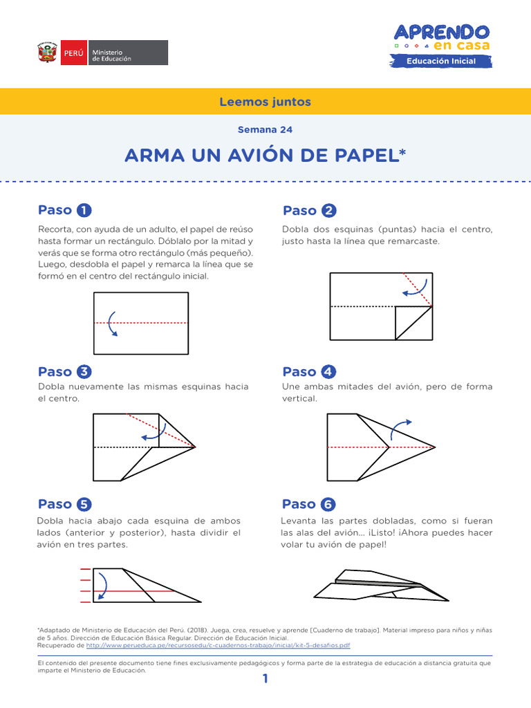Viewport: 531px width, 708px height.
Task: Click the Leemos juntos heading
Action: click(265, 102)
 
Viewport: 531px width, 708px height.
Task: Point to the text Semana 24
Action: click(265, 129)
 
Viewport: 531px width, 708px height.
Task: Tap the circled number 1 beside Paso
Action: click(84, 210)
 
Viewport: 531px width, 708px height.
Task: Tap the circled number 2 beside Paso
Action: click(329, 211)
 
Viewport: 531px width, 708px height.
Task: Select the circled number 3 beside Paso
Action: click(84, 372)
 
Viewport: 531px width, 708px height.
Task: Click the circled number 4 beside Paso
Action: click(328, 372)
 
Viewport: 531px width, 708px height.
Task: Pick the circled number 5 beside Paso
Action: click(84, 504)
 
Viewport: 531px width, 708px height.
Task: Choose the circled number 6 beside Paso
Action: click(328, 504)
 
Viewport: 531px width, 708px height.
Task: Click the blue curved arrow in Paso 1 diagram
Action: click(111, 324)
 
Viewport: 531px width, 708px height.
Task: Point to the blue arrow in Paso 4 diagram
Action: click(400, 429)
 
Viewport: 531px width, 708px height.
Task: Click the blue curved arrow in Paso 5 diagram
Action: click(102, 586)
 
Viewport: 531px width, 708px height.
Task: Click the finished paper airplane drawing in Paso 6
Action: click(380, 585)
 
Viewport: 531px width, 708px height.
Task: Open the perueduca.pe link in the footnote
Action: click(218, 644)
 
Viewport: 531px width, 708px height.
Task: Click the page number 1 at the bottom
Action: click(265, 679)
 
